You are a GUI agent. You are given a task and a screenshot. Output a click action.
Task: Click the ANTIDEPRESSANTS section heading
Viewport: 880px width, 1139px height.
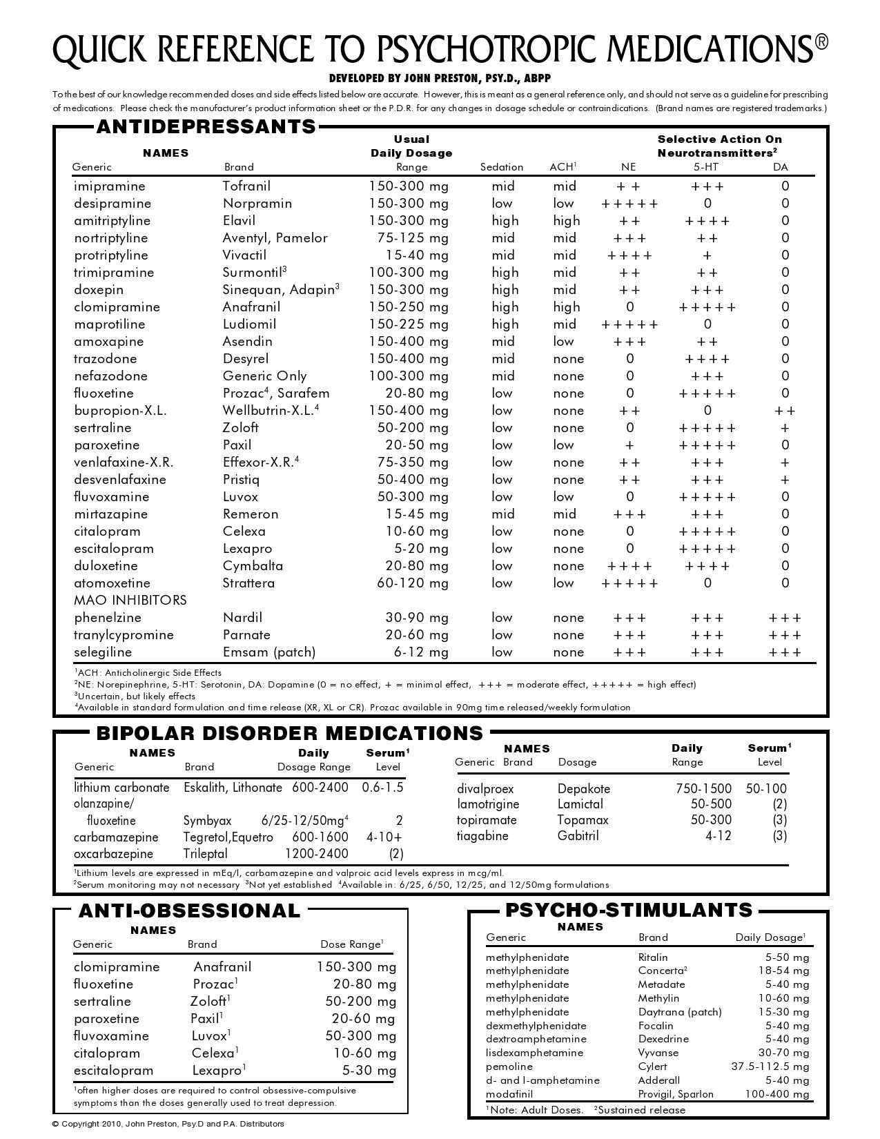[x=206, y=127]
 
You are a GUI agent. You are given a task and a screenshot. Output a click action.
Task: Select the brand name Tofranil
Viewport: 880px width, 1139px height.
[x=246, y=186]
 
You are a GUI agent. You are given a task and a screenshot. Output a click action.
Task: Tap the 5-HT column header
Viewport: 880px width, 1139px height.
[x=707, y=167]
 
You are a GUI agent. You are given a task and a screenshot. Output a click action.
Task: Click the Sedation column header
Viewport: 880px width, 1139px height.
[x=502, y=167]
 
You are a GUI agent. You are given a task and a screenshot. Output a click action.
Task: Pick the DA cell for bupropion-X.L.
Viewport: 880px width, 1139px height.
[x=785, y=411]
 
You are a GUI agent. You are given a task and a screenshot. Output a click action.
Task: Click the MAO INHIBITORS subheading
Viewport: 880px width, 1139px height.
[x=130, y=601]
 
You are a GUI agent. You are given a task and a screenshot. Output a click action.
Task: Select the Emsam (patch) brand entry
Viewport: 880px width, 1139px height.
[x=269, y=652]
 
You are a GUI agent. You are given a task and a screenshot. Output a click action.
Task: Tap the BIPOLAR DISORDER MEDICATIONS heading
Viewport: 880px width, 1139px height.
[x=290, y=733]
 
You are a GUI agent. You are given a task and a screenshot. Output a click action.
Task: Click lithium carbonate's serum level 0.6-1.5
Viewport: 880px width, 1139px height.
[x=382, y=788]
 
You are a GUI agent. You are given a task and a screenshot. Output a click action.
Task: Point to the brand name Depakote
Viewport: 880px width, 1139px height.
[x=584, y=789]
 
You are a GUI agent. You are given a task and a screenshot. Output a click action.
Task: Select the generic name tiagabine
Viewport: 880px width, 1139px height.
[x=482, y=836]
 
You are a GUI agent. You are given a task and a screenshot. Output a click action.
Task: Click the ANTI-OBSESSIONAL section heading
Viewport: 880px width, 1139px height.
[x=190, y=911]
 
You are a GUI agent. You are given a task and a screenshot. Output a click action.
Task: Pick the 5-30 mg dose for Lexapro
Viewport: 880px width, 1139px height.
[x=369, y=1071]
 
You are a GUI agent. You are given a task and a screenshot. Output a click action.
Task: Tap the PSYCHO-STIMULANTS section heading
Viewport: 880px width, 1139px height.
[x=629, y=910]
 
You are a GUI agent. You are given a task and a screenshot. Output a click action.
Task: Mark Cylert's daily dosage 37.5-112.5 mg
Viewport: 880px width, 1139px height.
[x=770, y=1067]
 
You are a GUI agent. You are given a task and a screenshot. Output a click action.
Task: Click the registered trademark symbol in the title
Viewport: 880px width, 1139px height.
[x=821, y=43]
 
